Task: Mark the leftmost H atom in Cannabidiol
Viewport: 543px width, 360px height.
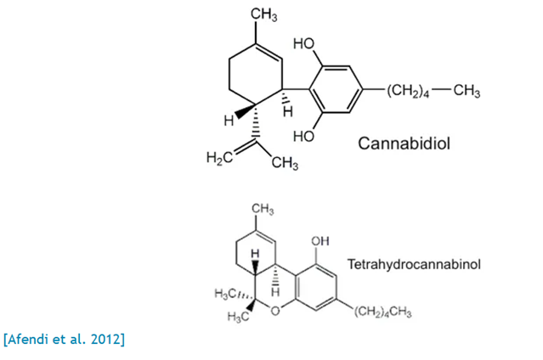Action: coord(229,121)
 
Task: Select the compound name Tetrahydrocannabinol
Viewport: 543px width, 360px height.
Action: coord(413,264)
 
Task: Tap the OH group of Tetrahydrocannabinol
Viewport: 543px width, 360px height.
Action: coord(320,241)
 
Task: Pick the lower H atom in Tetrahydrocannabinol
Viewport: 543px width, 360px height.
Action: coord(275,290)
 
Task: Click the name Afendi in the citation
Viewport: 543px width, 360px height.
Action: coord(30,340)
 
